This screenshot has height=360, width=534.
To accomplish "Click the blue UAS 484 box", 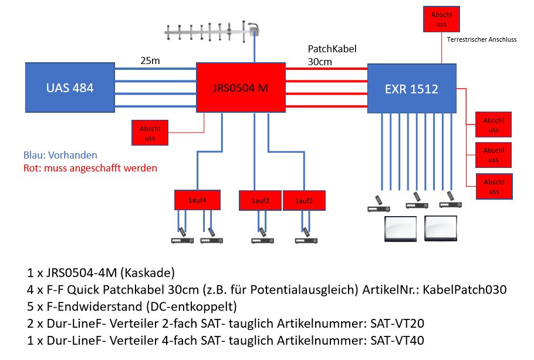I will click(70, 88).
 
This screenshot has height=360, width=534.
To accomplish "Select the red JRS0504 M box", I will click(239, 89).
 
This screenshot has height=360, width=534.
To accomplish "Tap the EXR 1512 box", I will click(411, 89).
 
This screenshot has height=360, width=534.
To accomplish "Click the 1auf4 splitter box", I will click(197, 200).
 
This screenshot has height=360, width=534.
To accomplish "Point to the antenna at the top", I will click(212, 32).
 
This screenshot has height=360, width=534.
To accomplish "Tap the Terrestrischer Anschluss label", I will click(481, 40).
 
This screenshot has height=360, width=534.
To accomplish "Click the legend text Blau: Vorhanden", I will click(60, 156).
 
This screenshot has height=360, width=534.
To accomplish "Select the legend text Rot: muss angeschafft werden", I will click(90, 168).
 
